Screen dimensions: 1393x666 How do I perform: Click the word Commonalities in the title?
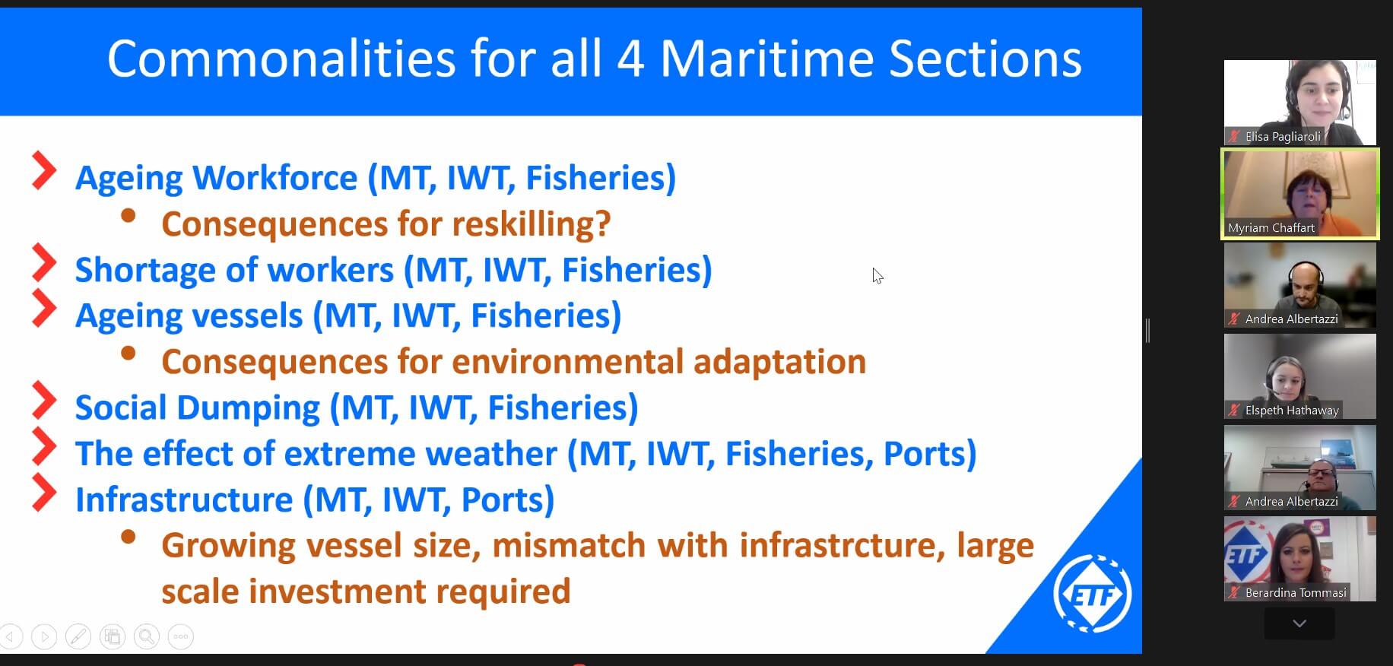click(x=281, y=59)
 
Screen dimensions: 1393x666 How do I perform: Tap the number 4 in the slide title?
click(x=630, y=59)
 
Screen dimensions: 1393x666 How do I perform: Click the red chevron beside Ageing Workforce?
click(x=44, y=170)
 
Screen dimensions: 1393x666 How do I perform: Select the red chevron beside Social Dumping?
click(x=44, y=400)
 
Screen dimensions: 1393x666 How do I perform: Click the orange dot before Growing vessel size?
click(x=128, y=537)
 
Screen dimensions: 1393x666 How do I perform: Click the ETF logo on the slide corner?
click(x=1092, y=593)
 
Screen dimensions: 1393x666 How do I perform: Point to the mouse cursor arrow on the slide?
click(x=877, y=276)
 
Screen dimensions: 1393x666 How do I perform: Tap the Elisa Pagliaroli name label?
click(x=1283, y=137)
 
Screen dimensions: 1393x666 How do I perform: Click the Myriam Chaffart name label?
click(x=1271, y=228)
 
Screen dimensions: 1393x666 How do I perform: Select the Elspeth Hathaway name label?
click(x=1292, y=411)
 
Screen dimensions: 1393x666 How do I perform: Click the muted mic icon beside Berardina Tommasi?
click(x=1233, y=593)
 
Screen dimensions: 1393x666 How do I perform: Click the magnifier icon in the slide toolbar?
click(x=146, y=636)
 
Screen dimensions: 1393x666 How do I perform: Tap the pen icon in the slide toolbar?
click(x=78, y=636)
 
